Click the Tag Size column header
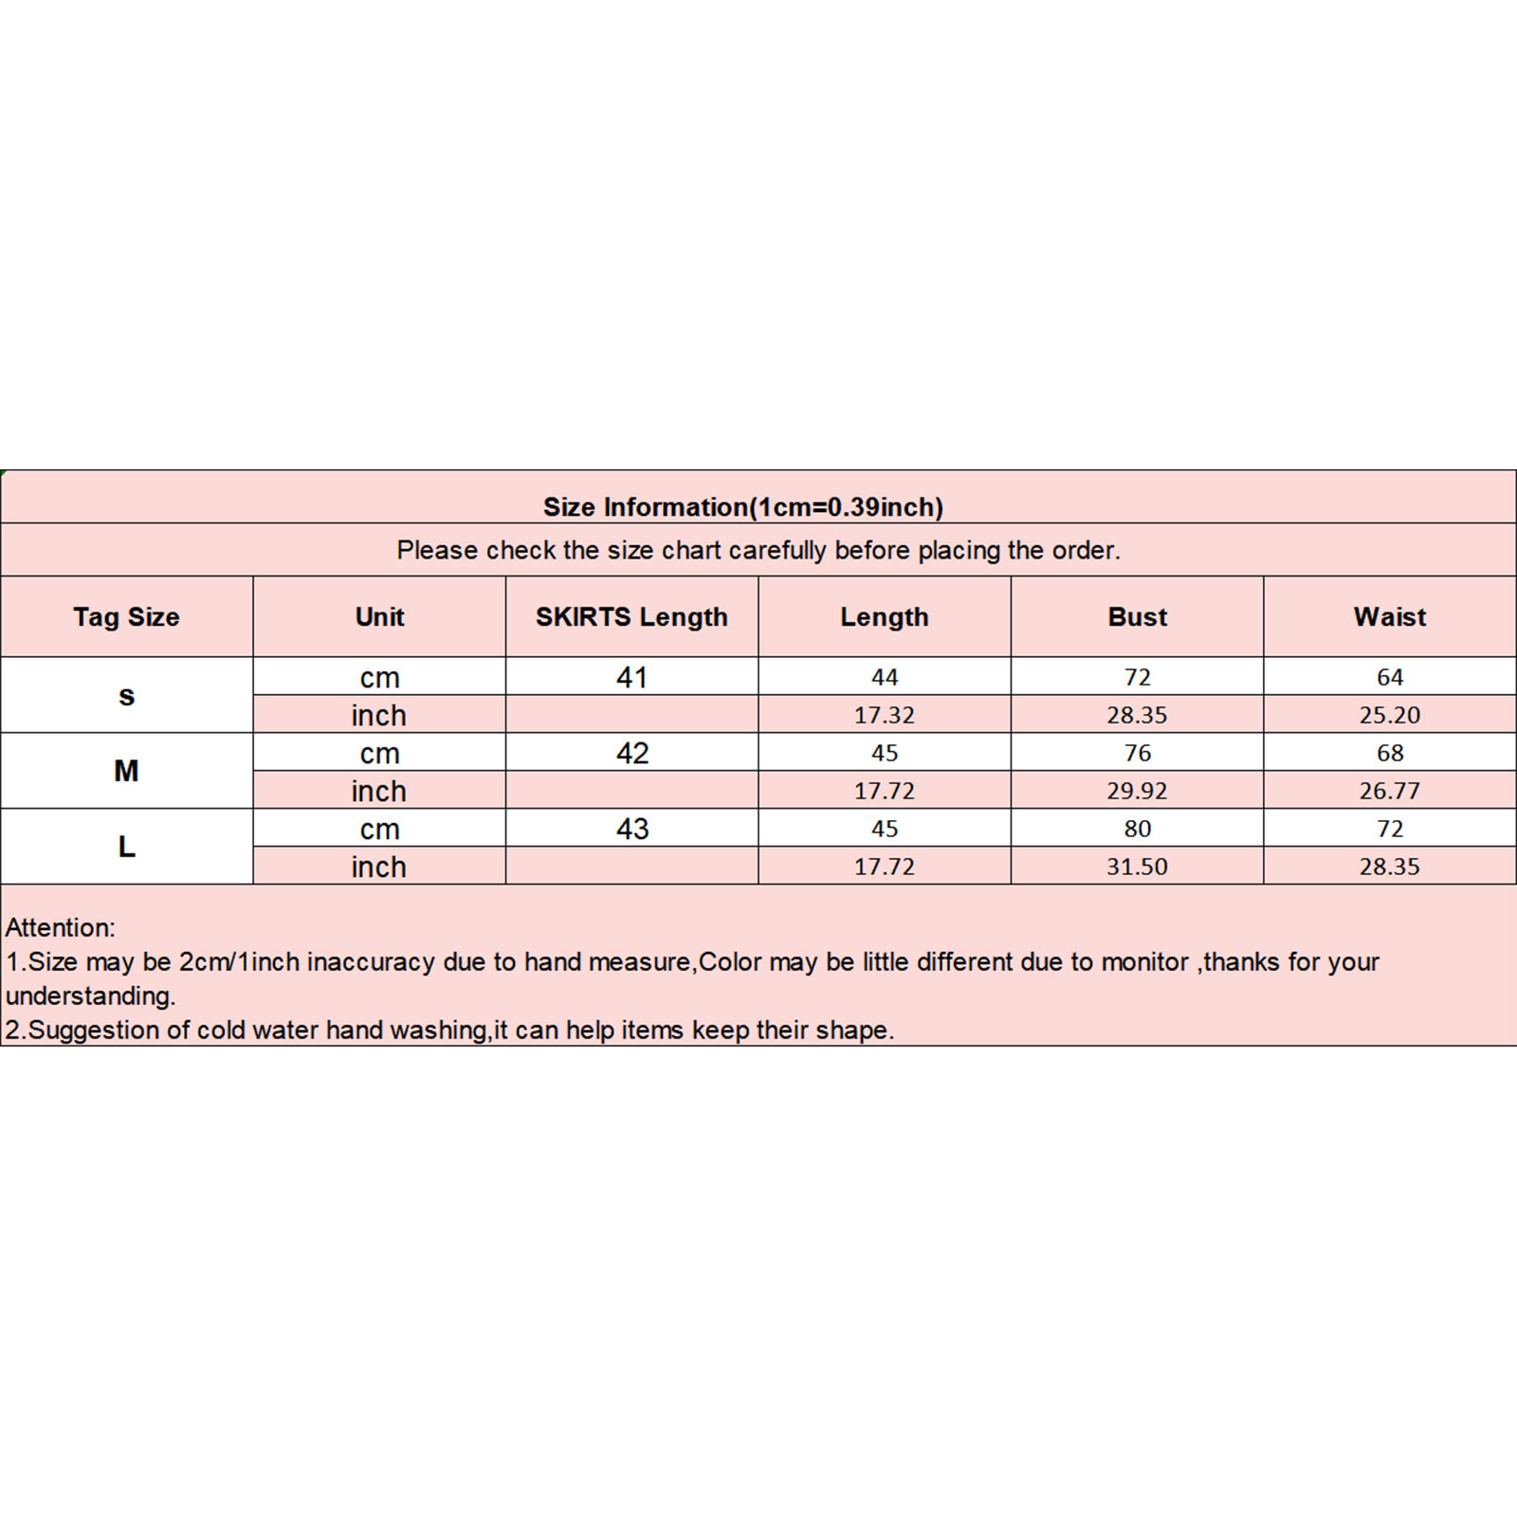click(x=126, y=617)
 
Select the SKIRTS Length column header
click(x=631, y=617)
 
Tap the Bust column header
click(x=1137, y=617)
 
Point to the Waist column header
click(x=1389, y=617)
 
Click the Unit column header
click(x=379, y=617)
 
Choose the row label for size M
click(x=126, y=771)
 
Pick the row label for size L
click(x=126, y=847)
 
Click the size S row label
click(x=126, y=696)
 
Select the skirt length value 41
click(x=631, y=677)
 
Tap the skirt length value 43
click(x=631, y=829)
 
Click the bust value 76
click(x=1137, y=753)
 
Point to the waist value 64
click(x=1389, y=677)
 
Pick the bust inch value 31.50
click(x=1137, y=867)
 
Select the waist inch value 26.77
click(x=1389, y=791)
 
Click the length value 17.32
click(x=884, y=715)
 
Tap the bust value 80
click(x=1137, y=829)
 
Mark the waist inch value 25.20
click(x=1389, y=715)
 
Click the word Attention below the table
click(x=60, y=927)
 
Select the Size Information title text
click(x=742, y=507)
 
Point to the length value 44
click(x=884, y=677)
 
